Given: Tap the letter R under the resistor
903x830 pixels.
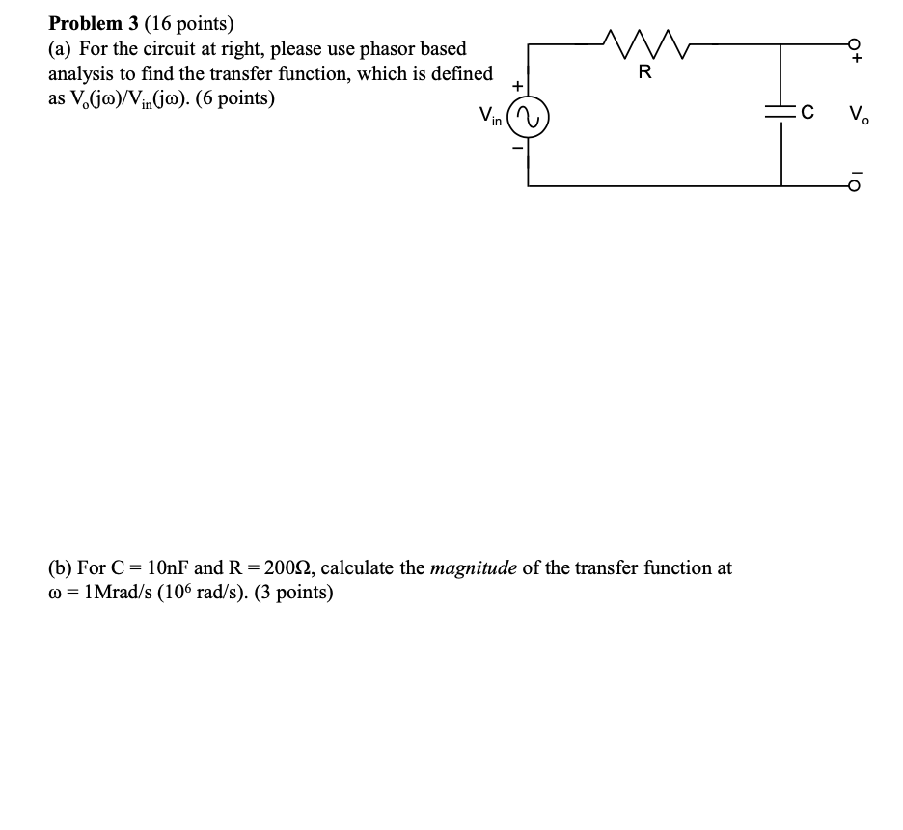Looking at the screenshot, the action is pyautogui.click(x=645, y=71).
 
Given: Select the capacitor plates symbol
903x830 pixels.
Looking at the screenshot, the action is pyautogui.click(x=780, y=113).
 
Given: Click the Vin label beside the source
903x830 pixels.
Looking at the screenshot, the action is pyautogui.click(x=491, y=118).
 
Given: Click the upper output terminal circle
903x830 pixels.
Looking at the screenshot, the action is pyautogui.click(x=853, y=42).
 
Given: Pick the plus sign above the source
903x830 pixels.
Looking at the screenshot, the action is pyautogui.click(x=517, y=86).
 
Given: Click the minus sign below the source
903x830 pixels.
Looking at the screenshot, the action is pyautogui.click(x=517, y=149).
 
